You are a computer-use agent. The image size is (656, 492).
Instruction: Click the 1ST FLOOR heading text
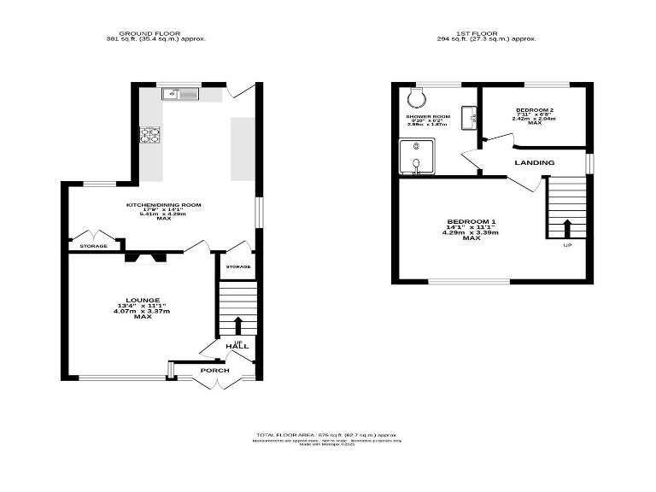[486, 32]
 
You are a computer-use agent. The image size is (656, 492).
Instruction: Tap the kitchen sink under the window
[182, 94]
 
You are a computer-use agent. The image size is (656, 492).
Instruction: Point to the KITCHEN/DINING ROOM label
[163, 205]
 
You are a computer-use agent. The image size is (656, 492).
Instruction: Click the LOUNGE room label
[138, 300]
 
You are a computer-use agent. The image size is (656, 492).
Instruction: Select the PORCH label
[214, 370]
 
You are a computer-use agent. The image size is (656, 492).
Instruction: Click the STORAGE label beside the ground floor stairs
[238, 267]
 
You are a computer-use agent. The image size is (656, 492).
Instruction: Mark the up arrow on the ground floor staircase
[238, 325]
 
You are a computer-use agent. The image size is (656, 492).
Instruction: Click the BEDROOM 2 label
[535, 110]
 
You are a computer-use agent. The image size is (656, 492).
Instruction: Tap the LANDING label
[534, 162]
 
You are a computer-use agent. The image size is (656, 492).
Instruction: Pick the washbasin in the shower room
[469, 118]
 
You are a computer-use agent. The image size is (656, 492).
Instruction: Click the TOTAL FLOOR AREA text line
[328, 435]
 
